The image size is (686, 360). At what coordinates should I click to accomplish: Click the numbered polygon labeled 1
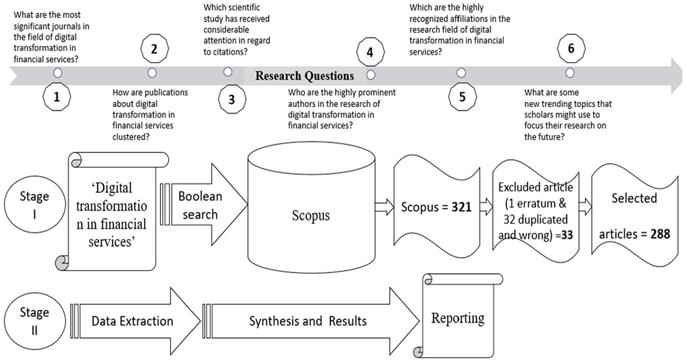pos(57,97)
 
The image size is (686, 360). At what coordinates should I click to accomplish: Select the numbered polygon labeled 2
pos(154,49)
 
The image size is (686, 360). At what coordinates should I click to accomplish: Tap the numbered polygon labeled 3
pos(232,99)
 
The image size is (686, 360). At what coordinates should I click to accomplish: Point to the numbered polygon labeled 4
pos(370,52)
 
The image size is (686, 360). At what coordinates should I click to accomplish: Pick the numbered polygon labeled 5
pos(462,97)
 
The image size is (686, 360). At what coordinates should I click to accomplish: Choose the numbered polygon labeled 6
pos(571,48)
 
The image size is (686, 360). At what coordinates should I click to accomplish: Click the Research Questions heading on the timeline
pos(304,76)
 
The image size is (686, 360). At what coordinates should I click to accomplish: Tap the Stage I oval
pos(35,205)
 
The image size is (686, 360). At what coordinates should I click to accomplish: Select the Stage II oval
pos(35,321)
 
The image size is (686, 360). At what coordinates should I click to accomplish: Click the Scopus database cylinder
pos(311,207)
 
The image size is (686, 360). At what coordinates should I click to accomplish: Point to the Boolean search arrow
pos(209,205)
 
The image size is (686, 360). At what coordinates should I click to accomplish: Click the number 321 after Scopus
pos(461,207)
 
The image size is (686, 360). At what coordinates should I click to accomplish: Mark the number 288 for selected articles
pos(660,234)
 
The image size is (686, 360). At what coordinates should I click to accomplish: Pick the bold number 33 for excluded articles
pos(567,235)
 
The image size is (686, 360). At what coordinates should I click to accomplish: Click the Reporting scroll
pos(459,316)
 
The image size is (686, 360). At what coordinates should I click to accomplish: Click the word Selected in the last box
pos(634,198)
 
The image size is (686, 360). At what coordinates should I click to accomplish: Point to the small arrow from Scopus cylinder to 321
pos(384,207)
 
